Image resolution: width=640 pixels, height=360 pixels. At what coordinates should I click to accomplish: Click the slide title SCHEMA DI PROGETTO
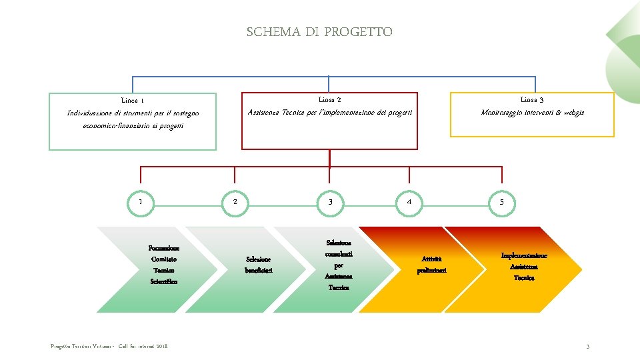click(x=319, y=32)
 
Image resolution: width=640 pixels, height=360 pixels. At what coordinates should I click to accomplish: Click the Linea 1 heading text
click(x=133, y=101)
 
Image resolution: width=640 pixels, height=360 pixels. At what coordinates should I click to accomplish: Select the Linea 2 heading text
click(x=330, y=99)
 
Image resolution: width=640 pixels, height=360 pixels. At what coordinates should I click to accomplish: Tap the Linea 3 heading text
click(x=532, y=99)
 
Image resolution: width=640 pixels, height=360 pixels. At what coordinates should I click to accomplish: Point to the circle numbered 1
click(x=140, y=202)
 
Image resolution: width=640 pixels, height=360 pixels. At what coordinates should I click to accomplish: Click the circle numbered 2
click(x=235, y=202)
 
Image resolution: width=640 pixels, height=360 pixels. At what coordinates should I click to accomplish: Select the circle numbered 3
click(x=330, y=202)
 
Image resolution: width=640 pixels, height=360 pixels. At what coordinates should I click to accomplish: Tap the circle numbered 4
click(x=409, y=202)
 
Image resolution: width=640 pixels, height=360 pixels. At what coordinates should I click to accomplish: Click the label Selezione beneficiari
click(x=258, y=265)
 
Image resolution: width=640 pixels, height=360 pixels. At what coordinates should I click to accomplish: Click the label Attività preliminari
click(x=431, y=264)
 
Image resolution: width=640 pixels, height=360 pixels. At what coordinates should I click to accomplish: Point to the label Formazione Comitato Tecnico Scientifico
click(x=164, y=265)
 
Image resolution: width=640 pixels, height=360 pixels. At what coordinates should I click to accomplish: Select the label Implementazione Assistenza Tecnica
click(x=524, y=266)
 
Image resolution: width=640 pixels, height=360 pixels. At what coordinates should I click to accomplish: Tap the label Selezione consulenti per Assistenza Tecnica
click(x=339, y=265)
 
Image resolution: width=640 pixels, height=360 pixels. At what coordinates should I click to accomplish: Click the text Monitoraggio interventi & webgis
click(x=532, y=113)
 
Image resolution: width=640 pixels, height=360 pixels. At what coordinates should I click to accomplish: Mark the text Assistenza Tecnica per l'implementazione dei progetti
click(x=330, y=113)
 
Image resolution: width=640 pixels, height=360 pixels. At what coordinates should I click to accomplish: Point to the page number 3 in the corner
click(x=587, y=347)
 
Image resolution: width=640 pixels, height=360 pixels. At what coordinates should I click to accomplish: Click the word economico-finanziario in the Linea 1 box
click(x=114, y=126)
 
